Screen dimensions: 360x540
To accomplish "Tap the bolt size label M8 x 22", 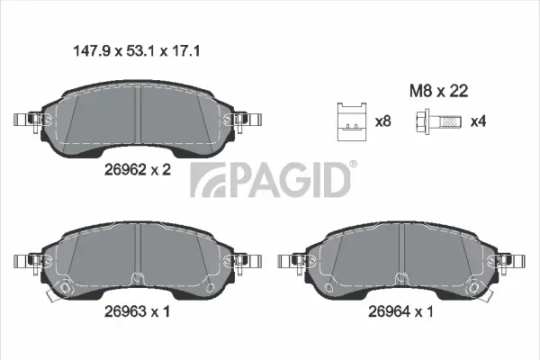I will pos(438,90).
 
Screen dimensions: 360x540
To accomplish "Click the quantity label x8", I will pos(382,121).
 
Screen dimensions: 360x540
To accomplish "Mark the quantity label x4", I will pos(479,121).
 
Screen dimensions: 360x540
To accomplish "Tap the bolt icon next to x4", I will pos(439,121).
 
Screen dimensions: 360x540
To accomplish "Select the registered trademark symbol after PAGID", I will pos(353,164).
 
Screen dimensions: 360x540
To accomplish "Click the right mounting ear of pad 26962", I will pos(245,120).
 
